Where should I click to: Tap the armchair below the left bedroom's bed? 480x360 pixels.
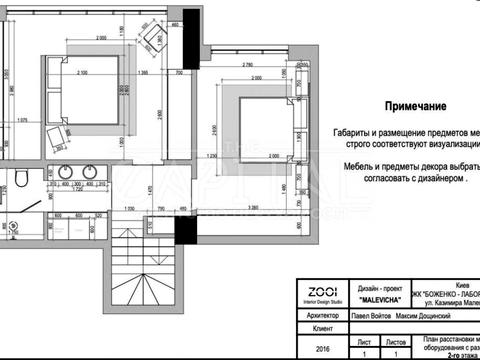pos(52,138)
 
